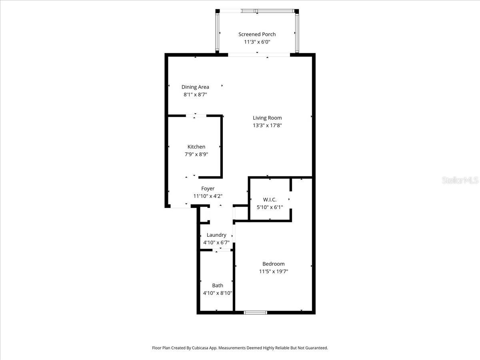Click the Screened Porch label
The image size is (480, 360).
tap(257, 34)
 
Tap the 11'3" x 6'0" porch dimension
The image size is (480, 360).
tap(257, 42)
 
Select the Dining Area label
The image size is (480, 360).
tap(195, 87)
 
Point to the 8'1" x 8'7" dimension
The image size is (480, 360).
tap(195, 95)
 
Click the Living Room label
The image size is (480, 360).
tap(267, 118)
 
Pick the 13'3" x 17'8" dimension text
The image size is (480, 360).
tap(267, 125)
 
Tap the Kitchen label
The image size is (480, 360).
tap(196, 147)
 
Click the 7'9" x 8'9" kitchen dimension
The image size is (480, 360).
tap(196, 154)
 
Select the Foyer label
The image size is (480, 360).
tap(208, 188)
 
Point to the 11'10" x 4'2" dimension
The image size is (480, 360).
tap(208, 196)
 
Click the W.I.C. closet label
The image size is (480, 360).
tap(270, 200)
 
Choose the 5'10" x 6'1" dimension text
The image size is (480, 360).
tap(270, 207)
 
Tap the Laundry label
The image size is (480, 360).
tap(216, 235)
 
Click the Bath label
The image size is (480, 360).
tap(218, 285)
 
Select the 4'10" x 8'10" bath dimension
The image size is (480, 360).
tap(218, 293)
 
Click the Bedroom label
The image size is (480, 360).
tap(274, 264)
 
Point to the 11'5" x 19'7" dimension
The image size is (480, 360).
tap(274, 271)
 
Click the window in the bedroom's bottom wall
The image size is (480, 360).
tap(256, 312)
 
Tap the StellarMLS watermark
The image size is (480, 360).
tap(460, 181)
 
